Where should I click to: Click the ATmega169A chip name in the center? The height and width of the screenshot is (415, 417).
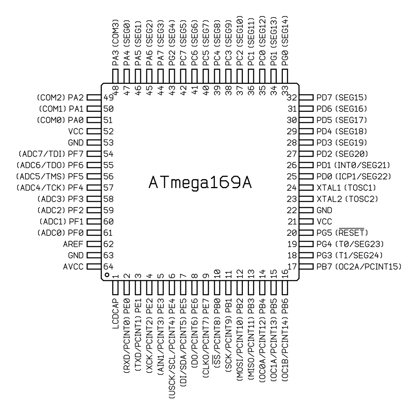pyautogui.click(x=200, y=183)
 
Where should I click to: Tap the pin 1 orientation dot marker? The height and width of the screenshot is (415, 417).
pyautogui.click(x=107, y=275)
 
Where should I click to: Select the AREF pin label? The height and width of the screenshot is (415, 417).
pyautogui.click(x=73, y=244)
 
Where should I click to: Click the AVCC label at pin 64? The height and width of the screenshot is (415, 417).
pyautogui.click(x=73, y=267)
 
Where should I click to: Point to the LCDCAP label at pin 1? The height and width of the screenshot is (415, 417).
pyautogui.click(x=116, y=314)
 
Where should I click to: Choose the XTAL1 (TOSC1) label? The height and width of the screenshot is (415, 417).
pyautogui.click(x=346, y=188)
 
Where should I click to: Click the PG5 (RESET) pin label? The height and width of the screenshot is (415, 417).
pyautogui.click(x=342, y=233)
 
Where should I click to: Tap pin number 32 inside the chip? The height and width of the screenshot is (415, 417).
pyautogui.click(x=292, y=97)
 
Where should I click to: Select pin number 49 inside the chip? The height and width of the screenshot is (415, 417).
pyautogui.click(x=108, y=97)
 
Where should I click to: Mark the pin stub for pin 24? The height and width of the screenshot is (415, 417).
pyautogui.click(x=306, y=188)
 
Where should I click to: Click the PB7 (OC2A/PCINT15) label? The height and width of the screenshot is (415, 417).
pyautogui.click(x=359, y=267)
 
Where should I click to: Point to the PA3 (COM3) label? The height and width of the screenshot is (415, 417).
pyautogui.click(x=116, y=42)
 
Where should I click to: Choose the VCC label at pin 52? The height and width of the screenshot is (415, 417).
pyautogui.click(x=76, y=131)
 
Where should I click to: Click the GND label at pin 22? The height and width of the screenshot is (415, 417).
pyautogui.click(x=324, y=211)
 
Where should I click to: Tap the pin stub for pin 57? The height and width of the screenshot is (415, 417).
pyautogui.click(x=94, y=188)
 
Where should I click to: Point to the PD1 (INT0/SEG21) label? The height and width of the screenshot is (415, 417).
pyautogui.click(x=353, y=165)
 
